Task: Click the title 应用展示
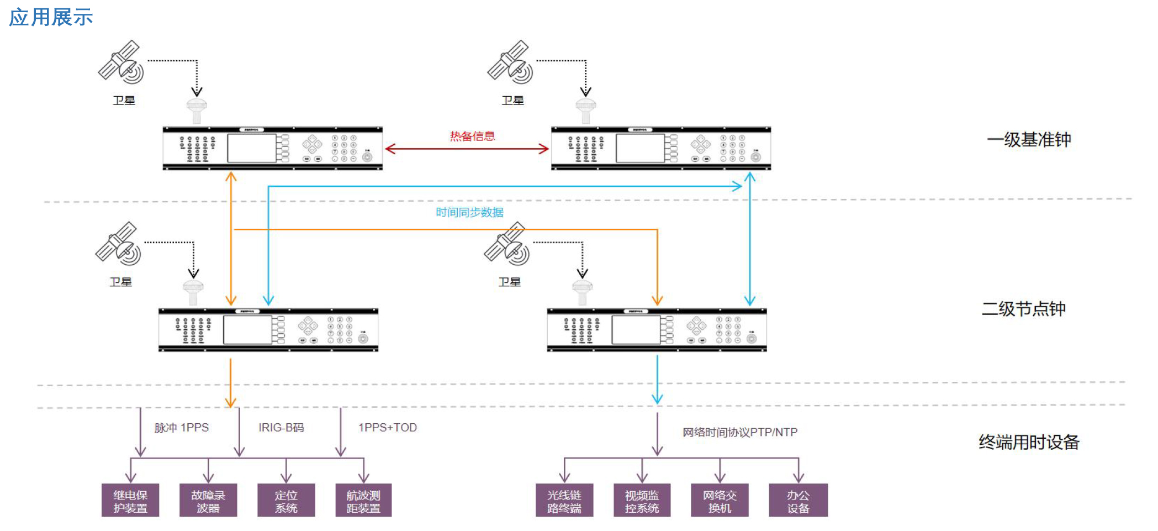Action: pyautogui.click(x=51, y=18)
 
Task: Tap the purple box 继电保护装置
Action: pyautogui.click(x=130, y=501)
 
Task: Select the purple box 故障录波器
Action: pyautogui.click(x=208, y=501)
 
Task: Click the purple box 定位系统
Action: pyautogui.click(x=286, y=501)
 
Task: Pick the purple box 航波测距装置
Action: pyautogui.click(x=363, y=501)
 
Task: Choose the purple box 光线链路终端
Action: pyautogui.click(x=564, y=501)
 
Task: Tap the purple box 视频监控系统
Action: pyautogui.click(x=642, y=501)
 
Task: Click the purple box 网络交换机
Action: pyautogui.click(x=720, y=501)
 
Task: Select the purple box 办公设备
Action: pyautogui.click(x=798, y=501)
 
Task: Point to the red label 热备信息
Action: pyautogui.click(x=472, y=136)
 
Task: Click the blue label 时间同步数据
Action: pyautogui.click(x=469, y=212)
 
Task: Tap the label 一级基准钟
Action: pyautogui.click(x=1029, y=139)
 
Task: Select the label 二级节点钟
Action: pyautogui.click(x=1023, y=308)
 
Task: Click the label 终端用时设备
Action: pyautogui.click(x=1029, y=442)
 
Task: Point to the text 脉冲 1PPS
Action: pyautogui.click(x=181, y=428)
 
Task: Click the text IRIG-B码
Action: pyautogui.click(x=281, y=428)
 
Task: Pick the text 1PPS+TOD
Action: pyautogui.click(x=388, y=428)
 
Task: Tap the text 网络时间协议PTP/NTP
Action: pyautogui.click(x=740, y=432)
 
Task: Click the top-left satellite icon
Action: pyautogui.click(x=121, y=62)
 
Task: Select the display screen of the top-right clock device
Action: pyautogui.click(x=640, y=148)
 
